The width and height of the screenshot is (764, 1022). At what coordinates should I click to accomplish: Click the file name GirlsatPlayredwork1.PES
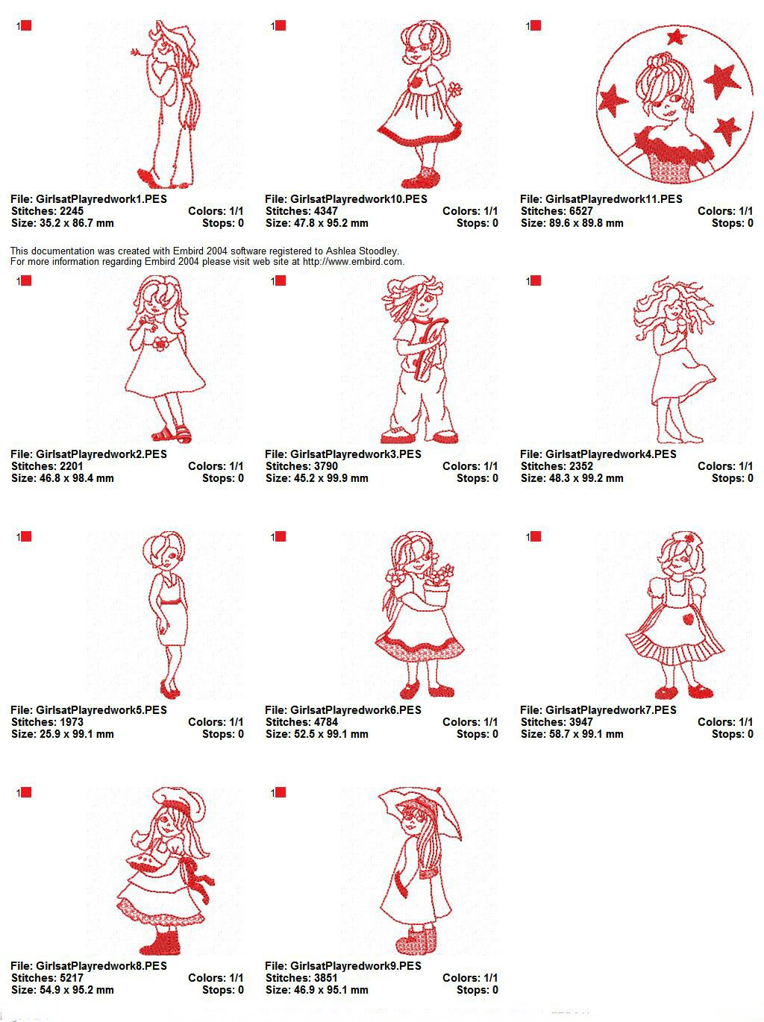pyautogui.click(x=101, y=199)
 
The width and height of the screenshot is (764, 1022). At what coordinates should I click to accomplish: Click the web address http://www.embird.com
pyautogui.click(x=352, y=262)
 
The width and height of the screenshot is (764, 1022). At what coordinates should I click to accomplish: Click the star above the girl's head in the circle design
pyautogui.click(x=676, y=37)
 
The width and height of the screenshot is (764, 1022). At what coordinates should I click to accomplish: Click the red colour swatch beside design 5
pyautogui.click(x=26, y=536)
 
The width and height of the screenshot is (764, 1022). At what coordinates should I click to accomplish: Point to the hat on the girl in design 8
pyautogui.click(x=179, y=800)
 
